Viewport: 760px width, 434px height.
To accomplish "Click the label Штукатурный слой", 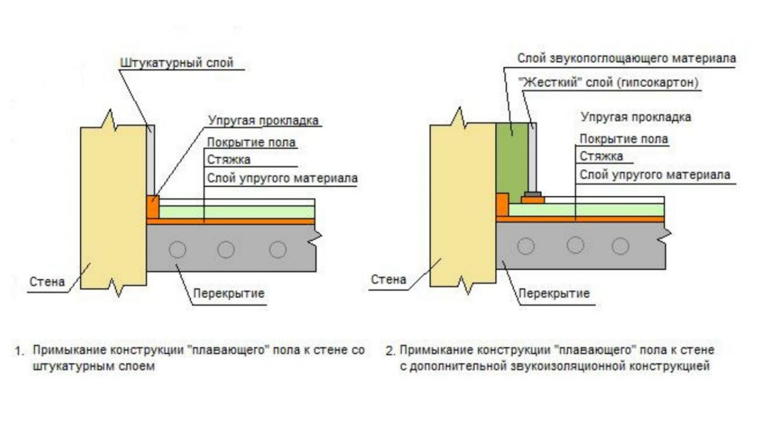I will pyautogui.click(x=176, y=63).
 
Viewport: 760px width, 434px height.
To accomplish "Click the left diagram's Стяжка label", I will pyautogui.click(x=229, y=160).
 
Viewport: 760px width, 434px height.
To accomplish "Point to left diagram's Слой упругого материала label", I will pyautogui.click(x=282, y=178).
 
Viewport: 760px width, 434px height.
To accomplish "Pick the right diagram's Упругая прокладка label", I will pyautogui.click(x=636, y=117).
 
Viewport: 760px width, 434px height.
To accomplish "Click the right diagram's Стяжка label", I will pyautogui.click(x=600, y=156).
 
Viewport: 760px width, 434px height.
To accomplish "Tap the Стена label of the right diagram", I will pyautogui.click(x=388, y=280).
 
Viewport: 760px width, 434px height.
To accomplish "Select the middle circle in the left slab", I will pyautogui.click(x=226, y=250).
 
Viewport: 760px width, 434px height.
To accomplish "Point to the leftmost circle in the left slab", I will pyautogui.click(x=177, y=250).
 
